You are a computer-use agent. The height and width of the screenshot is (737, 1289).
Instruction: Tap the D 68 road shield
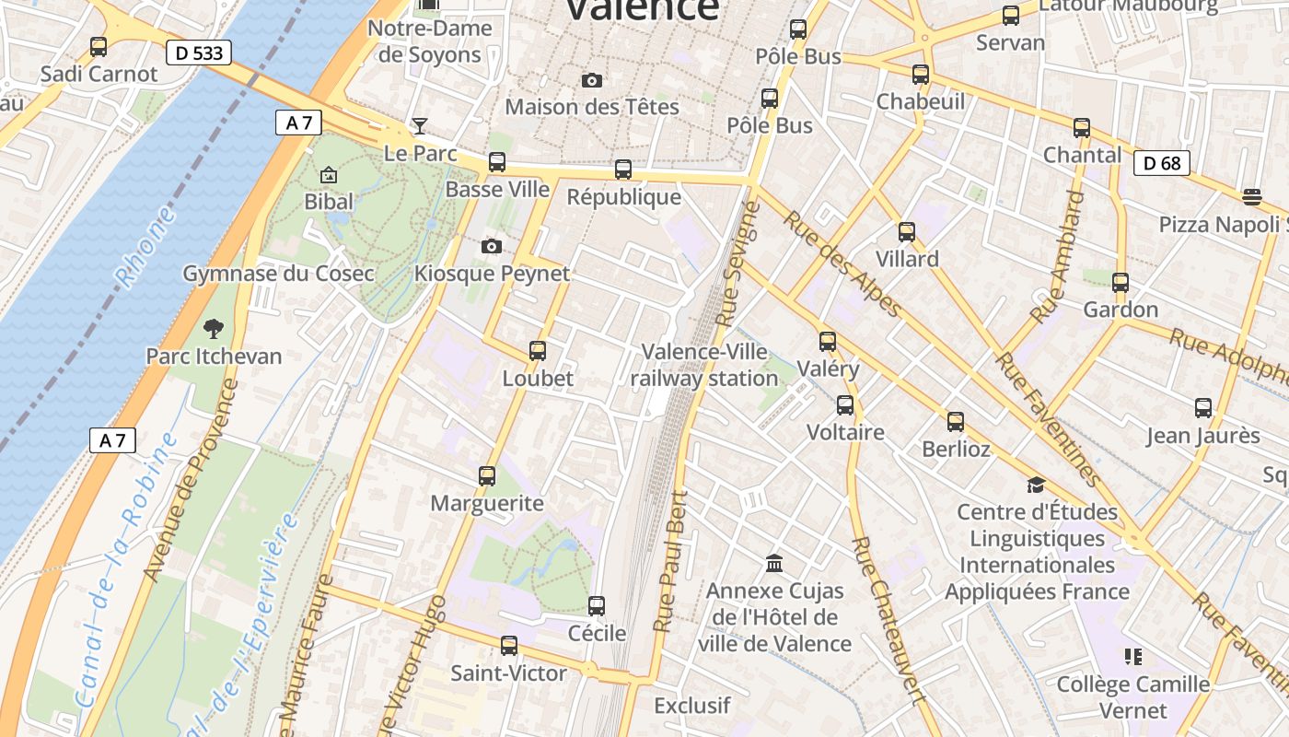[x=1162, y=164]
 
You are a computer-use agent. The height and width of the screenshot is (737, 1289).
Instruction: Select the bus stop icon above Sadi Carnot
[x=98, y=46]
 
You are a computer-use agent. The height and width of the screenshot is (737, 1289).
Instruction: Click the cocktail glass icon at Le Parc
[x=420, y=125]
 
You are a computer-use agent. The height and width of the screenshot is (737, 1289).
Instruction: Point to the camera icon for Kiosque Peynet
[x=492, y=246]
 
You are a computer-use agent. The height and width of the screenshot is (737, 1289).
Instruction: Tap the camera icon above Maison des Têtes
[x=592, y=80]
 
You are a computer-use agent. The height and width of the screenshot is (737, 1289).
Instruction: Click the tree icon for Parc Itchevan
[x=214, y=328]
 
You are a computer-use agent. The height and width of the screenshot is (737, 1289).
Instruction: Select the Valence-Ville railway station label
[x=704, y=365]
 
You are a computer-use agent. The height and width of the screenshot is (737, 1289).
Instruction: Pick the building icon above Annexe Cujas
[x=774, y=562]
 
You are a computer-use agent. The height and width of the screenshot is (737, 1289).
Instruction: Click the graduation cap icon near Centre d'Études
[x=1036, y=485]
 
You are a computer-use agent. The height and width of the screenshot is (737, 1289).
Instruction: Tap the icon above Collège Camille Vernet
[x=1132, y=657]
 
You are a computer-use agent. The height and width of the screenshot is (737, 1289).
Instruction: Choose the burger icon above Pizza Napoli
[x=1251, y=196]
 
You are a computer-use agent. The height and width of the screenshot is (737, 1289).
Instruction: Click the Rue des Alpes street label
[x=842, y=263]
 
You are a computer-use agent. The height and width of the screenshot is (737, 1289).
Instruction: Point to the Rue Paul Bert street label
[x=670, y=561]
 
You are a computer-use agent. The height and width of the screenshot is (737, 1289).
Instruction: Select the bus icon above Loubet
[x=538, y=350]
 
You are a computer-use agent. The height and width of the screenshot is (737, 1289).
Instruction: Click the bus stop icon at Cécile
[x=597, y=605]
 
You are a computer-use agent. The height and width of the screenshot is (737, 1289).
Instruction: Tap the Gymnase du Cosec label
[x=278, y=274]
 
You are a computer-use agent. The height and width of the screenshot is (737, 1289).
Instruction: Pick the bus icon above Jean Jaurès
[x=1202, y=407]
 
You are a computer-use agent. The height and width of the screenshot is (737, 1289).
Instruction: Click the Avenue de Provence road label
[x=191, y=481]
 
